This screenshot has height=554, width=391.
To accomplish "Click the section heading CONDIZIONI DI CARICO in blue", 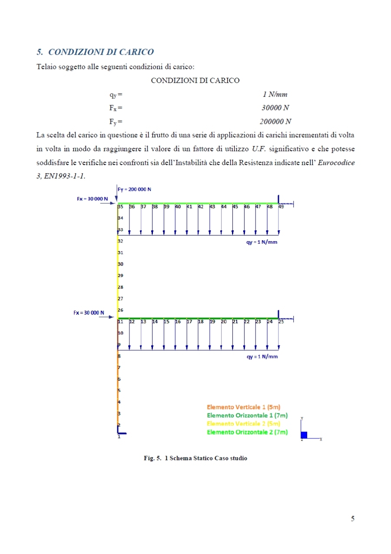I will pyautogui.click(x=95, y=52).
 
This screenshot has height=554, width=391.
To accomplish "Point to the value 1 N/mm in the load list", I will pyautogui.click(x=275, y=94).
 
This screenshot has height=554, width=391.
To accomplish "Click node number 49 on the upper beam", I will pyautogui.click(x=281, y=207).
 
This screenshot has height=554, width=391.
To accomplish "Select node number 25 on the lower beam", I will pyautogui.click(x=281, y=322).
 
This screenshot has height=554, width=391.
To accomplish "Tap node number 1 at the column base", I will pyautogui.click(x=119, y=437).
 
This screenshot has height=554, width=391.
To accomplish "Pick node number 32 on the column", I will pyautogui.click(x=120, y=241).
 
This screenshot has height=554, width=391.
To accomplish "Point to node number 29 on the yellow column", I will pyautogui.click(x=120, y=275).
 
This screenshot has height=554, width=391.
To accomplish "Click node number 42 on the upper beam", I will pyautogui.click(x=201, y=207).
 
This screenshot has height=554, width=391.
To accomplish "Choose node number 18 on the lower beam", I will pyautogui.click(x=201, y=322).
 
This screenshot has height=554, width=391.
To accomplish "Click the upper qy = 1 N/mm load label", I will pyautogui.click(x=262, y=242).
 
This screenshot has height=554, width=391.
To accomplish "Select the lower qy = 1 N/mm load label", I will pyautogui.click(x=262, y=357).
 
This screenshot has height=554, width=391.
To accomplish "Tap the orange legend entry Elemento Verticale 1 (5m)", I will pyautogui.click(x=243, y=407).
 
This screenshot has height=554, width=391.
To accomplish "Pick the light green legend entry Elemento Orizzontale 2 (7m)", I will pyautogui.click(x=247, y=432).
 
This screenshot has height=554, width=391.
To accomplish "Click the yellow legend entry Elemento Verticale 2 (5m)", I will pyautogui.click(x=243, y=424).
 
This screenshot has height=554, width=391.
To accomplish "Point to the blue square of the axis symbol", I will pyautogui.click(x=304, y=435).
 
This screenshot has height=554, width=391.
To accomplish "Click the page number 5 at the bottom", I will pyautogui.click(x=353, y=518).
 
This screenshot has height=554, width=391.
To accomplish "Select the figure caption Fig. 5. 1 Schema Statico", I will pyautogui.click(x=195, y=458).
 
